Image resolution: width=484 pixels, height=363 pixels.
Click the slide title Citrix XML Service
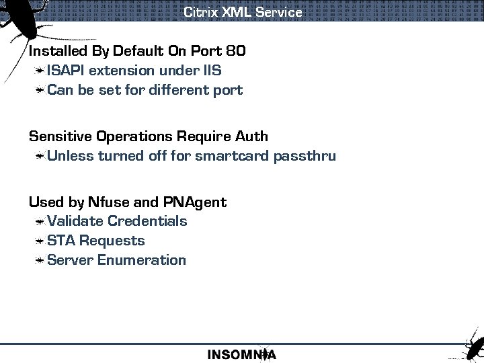coord(243,12)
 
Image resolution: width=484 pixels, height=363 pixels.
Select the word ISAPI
coord(66,71)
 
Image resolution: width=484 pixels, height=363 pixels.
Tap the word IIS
coord(212,71)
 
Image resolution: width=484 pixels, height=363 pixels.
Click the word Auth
coord(251,136)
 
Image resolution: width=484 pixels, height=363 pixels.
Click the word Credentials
coord(147,221)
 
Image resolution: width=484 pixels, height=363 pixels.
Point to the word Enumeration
coord(142,260)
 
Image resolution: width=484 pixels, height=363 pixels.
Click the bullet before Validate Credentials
coord(40,221)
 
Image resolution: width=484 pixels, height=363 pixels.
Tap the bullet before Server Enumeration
coord(40,260)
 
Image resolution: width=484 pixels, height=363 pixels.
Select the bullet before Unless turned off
coord(40,157)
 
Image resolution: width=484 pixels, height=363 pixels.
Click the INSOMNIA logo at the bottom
coord(241,354)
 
